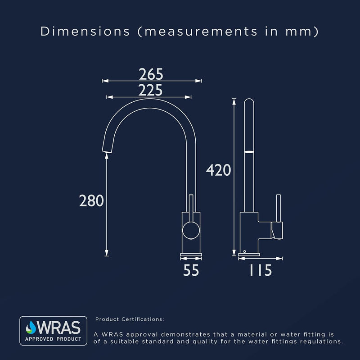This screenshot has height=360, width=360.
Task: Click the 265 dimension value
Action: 151,74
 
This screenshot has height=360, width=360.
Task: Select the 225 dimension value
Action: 150,90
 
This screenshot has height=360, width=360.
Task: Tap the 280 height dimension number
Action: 91,201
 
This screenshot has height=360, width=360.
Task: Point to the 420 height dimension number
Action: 218,170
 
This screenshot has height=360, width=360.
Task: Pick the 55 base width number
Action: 191,270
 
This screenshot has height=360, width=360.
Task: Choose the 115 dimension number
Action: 261,270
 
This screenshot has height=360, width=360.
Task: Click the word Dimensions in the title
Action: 85,31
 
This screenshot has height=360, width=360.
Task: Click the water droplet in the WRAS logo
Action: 31,328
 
